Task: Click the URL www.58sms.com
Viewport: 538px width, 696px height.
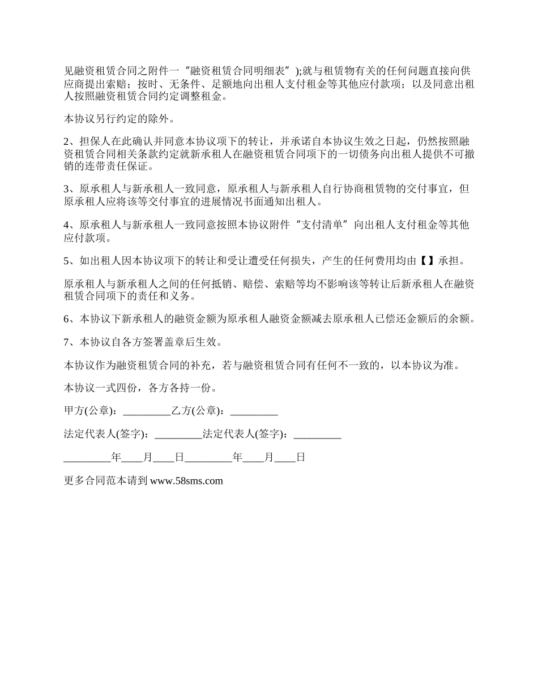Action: pyautogui.click(x=187, y=481)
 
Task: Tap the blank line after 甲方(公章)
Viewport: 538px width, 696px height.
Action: pyautogui.click(x=146, y=411)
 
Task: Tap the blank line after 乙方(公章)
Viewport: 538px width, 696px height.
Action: pyautogui.click(x=254, y=411)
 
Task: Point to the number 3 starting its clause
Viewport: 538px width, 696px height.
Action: pyautogui.click(x=67, y=189)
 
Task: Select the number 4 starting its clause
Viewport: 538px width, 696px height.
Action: pyautogui.click(x=67, y=225)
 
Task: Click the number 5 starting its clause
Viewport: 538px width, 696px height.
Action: pyautogui.click(x=67, y=261)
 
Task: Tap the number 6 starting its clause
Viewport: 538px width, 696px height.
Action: pyautogui.click(x=67, y=320)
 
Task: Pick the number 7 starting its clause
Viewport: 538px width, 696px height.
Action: pyautogui.click(x=67, y=342)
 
